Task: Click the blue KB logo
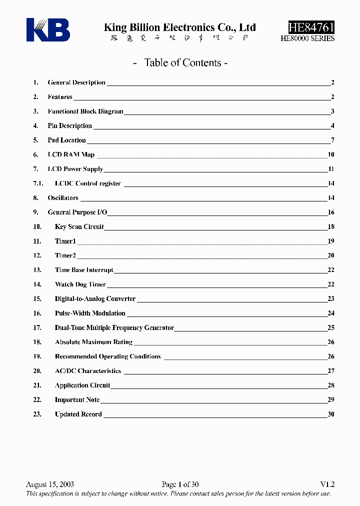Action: pos(48,30)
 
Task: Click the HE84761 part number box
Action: pos(311,27)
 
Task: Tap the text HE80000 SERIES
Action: pos(307,38)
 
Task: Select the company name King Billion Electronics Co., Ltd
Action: pos(179,27)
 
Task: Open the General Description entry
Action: pos(76,82)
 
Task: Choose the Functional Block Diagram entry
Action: pos(85,111)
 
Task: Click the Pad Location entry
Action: pos(66,140)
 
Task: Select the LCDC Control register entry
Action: pos(87,183)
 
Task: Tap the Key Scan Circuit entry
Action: pos(79,227)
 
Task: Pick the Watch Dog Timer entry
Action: pos(80,284)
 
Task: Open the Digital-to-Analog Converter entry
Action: pos(95,299)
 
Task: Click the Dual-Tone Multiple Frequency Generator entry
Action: pos(114,328)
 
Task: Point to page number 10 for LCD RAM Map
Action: pos(331,155)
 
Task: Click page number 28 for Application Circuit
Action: pos(331,385)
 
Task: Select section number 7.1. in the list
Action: pos(38,183)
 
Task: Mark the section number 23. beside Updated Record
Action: pos(37,414)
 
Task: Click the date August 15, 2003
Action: pos(50,484)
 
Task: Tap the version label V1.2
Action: pos(327,484)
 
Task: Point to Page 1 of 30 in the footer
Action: pos(180,484)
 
